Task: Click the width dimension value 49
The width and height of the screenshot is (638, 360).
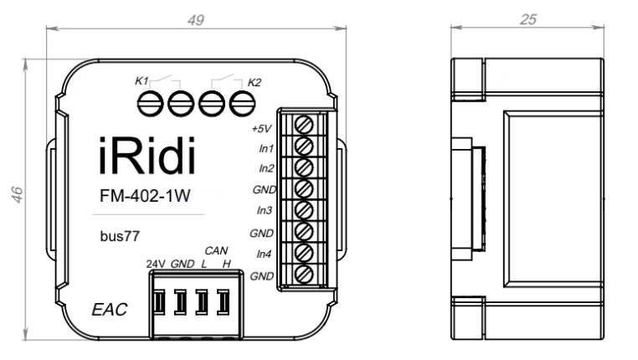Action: pos(196,19)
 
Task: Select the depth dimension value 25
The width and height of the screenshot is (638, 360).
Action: pos(528,19)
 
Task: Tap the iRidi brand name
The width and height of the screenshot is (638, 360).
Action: pos(142,157)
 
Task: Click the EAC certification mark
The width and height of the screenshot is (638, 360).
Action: pos(109,310)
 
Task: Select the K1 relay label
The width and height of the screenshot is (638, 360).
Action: pos(141,81)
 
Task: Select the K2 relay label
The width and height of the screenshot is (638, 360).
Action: pos(255,82)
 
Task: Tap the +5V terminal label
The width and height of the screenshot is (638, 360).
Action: pos(262,130)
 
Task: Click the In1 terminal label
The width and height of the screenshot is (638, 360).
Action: pos(265,149)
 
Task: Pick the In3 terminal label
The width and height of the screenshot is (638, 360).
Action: pos(265,211)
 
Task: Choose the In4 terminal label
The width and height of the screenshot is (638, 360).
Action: pos(265,253)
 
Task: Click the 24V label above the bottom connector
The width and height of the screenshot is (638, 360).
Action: pos(156,264)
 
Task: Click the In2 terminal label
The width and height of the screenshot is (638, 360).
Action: pos(265,168)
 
